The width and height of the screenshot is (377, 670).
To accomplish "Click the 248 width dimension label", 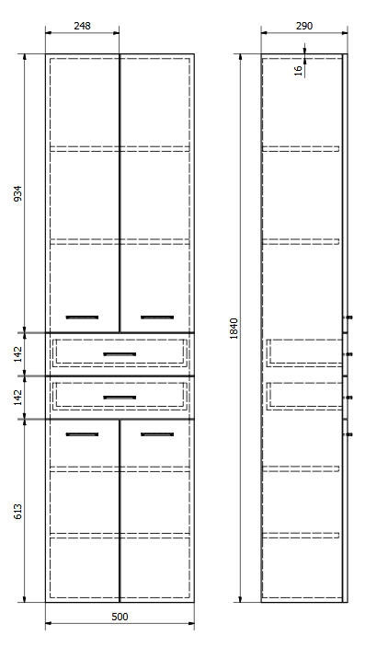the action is point(82,26).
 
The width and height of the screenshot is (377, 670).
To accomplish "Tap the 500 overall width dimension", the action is point(120,617).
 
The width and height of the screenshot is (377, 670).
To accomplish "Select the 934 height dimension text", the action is point(17,194).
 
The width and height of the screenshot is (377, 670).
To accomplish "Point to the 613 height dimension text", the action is point(17,511).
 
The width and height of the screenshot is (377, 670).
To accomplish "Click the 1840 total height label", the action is point(234,329).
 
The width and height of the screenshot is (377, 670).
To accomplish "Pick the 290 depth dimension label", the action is point(304,26).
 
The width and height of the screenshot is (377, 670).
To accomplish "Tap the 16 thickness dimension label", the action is point(299,71).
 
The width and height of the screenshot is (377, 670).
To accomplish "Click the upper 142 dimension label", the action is point(17,354).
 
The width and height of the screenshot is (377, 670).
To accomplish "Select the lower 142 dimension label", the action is point(17,398).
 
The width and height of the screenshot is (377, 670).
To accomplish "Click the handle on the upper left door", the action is point(82,317).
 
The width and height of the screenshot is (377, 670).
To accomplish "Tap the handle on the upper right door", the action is point(157,317).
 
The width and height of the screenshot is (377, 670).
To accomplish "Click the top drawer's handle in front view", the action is point(120,354).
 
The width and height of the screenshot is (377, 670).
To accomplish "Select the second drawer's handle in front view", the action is point(120,398).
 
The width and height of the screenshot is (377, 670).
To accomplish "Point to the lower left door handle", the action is point(82,434).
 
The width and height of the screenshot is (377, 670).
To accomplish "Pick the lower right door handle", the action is point(157,434).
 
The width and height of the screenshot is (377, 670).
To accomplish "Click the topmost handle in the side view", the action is point(348,318).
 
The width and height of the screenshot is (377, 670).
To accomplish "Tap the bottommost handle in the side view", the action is point(348,434).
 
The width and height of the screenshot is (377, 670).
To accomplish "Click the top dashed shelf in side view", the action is point(301,149).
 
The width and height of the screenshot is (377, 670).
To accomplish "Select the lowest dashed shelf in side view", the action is point(301,535).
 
